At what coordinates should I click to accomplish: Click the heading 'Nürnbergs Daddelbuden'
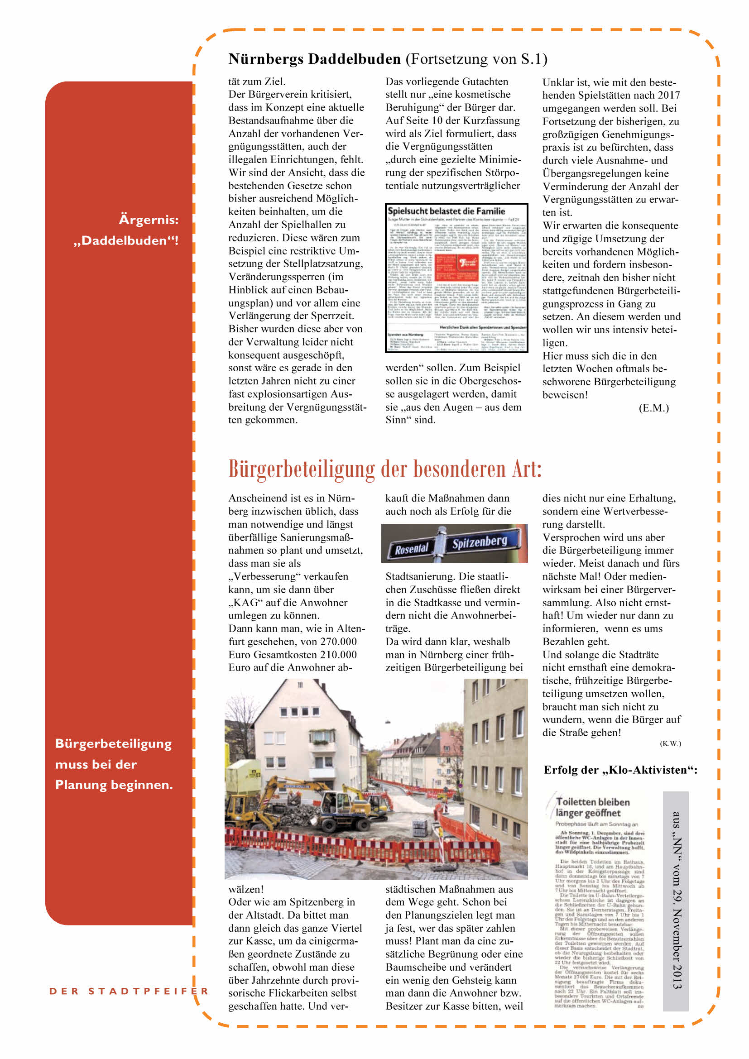click(315, 59)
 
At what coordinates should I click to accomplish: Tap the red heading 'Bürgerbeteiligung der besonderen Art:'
click(384, 469)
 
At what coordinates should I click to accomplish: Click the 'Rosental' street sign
click(411, 548)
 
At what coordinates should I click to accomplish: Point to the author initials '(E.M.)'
click(653, 408)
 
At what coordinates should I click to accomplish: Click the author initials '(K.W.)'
click(670, 743)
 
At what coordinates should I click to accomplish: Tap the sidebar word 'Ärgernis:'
click(149, 220)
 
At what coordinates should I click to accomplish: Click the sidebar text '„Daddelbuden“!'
click(126, 240)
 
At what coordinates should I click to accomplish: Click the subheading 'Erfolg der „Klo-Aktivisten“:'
click(620, 770)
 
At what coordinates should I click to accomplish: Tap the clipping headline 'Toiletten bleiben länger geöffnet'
click(593, 807)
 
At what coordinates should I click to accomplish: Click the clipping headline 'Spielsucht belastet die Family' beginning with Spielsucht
click(446, 211)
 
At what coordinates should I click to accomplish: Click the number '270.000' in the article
click(339, 642)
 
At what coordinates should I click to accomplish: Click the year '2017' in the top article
click(669, 95)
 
